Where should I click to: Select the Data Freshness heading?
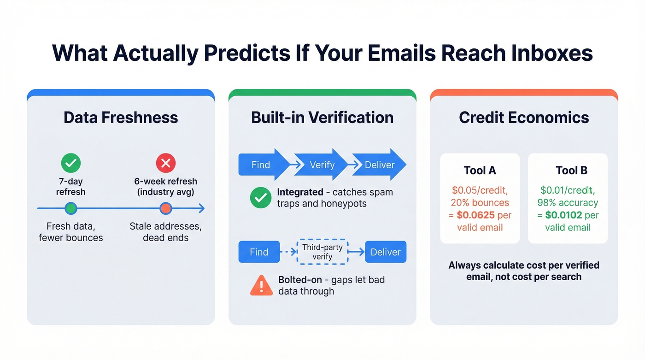[121, 117]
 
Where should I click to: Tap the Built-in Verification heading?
[322, 117]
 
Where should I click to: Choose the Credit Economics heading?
[524, 117]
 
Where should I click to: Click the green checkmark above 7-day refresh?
[70, 163]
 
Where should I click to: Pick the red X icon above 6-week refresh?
[166, 163]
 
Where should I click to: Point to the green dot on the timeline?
[70, 209]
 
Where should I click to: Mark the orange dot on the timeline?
[166, 209]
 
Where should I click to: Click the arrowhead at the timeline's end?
[201, 209]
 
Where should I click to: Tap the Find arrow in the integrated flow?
[261, 165]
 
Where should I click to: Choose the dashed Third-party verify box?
[322, 252]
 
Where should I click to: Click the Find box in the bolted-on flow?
[259, 252]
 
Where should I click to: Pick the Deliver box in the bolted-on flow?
[386, 252]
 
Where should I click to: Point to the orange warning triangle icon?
[261, 285]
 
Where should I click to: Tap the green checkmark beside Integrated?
[261, 198]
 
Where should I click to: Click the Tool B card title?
[571, 170]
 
